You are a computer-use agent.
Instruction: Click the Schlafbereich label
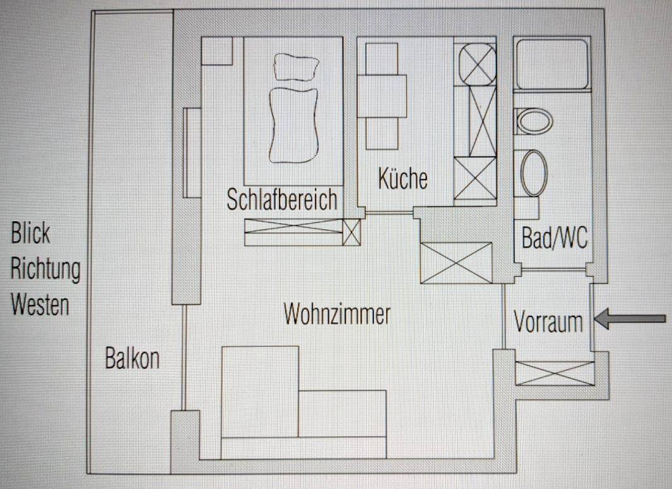pos(282,200)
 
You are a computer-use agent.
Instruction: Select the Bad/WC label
pos(555,238)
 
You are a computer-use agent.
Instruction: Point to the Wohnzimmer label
pos(338,314)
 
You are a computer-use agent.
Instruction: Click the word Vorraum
pos(548,322)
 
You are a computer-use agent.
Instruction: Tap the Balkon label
pos(133,358)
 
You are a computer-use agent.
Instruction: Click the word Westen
pos(40,305)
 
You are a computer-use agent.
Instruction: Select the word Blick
pos(30,233)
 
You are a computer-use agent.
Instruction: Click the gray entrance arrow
pos(630,318)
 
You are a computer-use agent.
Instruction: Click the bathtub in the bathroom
pos(552,64)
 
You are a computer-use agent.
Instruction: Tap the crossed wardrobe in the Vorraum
pos(555,373)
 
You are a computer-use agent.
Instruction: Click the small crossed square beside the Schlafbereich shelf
pos(351,232)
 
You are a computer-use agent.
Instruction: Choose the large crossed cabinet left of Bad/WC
pos(456,263)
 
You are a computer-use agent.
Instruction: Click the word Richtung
pos(45,270)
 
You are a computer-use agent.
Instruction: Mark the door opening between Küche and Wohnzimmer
pos(389,213)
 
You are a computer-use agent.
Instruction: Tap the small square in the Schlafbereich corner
pos(217,51)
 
